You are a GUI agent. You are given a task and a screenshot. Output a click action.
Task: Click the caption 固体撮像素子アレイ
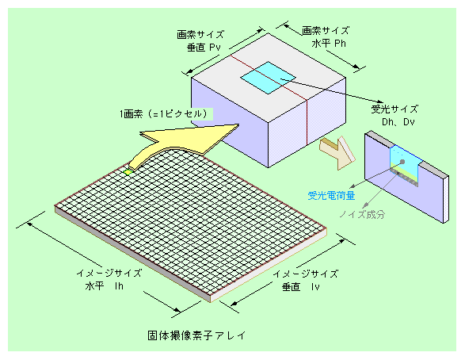(196, 335)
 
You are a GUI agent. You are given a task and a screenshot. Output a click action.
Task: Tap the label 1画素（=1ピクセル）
(164, 114)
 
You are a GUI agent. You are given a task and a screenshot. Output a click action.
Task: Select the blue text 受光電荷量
(331, 195)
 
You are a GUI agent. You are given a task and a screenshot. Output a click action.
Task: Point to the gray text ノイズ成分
(362, 214)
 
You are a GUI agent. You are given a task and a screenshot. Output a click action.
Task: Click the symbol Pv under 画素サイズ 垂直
(215, 48)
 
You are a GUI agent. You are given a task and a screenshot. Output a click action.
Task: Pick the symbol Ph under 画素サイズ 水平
(340, 44)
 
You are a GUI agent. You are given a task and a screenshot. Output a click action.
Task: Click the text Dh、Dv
(398, 121)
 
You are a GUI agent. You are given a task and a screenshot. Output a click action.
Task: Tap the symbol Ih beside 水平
(119, 286)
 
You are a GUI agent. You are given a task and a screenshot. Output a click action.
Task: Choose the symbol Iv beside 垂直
(315, 287)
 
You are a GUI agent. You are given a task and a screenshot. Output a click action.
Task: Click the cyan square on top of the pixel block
(268, 78)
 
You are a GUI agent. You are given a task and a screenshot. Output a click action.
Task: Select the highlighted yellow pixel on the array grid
(128, 172)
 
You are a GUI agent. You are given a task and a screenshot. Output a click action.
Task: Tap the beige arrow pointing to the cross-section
(337, 152)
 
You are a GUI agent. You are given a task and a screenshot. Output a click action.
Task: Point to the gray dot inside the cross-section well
(402, 162)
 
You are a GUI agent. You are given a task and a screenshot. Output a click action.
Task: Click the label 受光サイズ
(394, 109)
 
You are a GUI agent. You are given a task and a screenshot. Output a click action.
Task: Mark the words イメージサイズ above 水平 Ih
(109, 273)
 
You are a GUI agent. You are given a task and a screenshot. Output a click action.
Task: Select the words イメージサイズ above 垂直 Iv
(306, 274)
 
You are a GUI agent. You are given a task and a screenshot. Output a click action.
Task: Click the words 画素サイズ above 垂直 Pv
(200, 35)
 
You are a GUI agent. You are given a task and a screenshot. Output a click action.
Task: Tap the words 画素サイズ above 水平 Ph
(326, 31)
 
